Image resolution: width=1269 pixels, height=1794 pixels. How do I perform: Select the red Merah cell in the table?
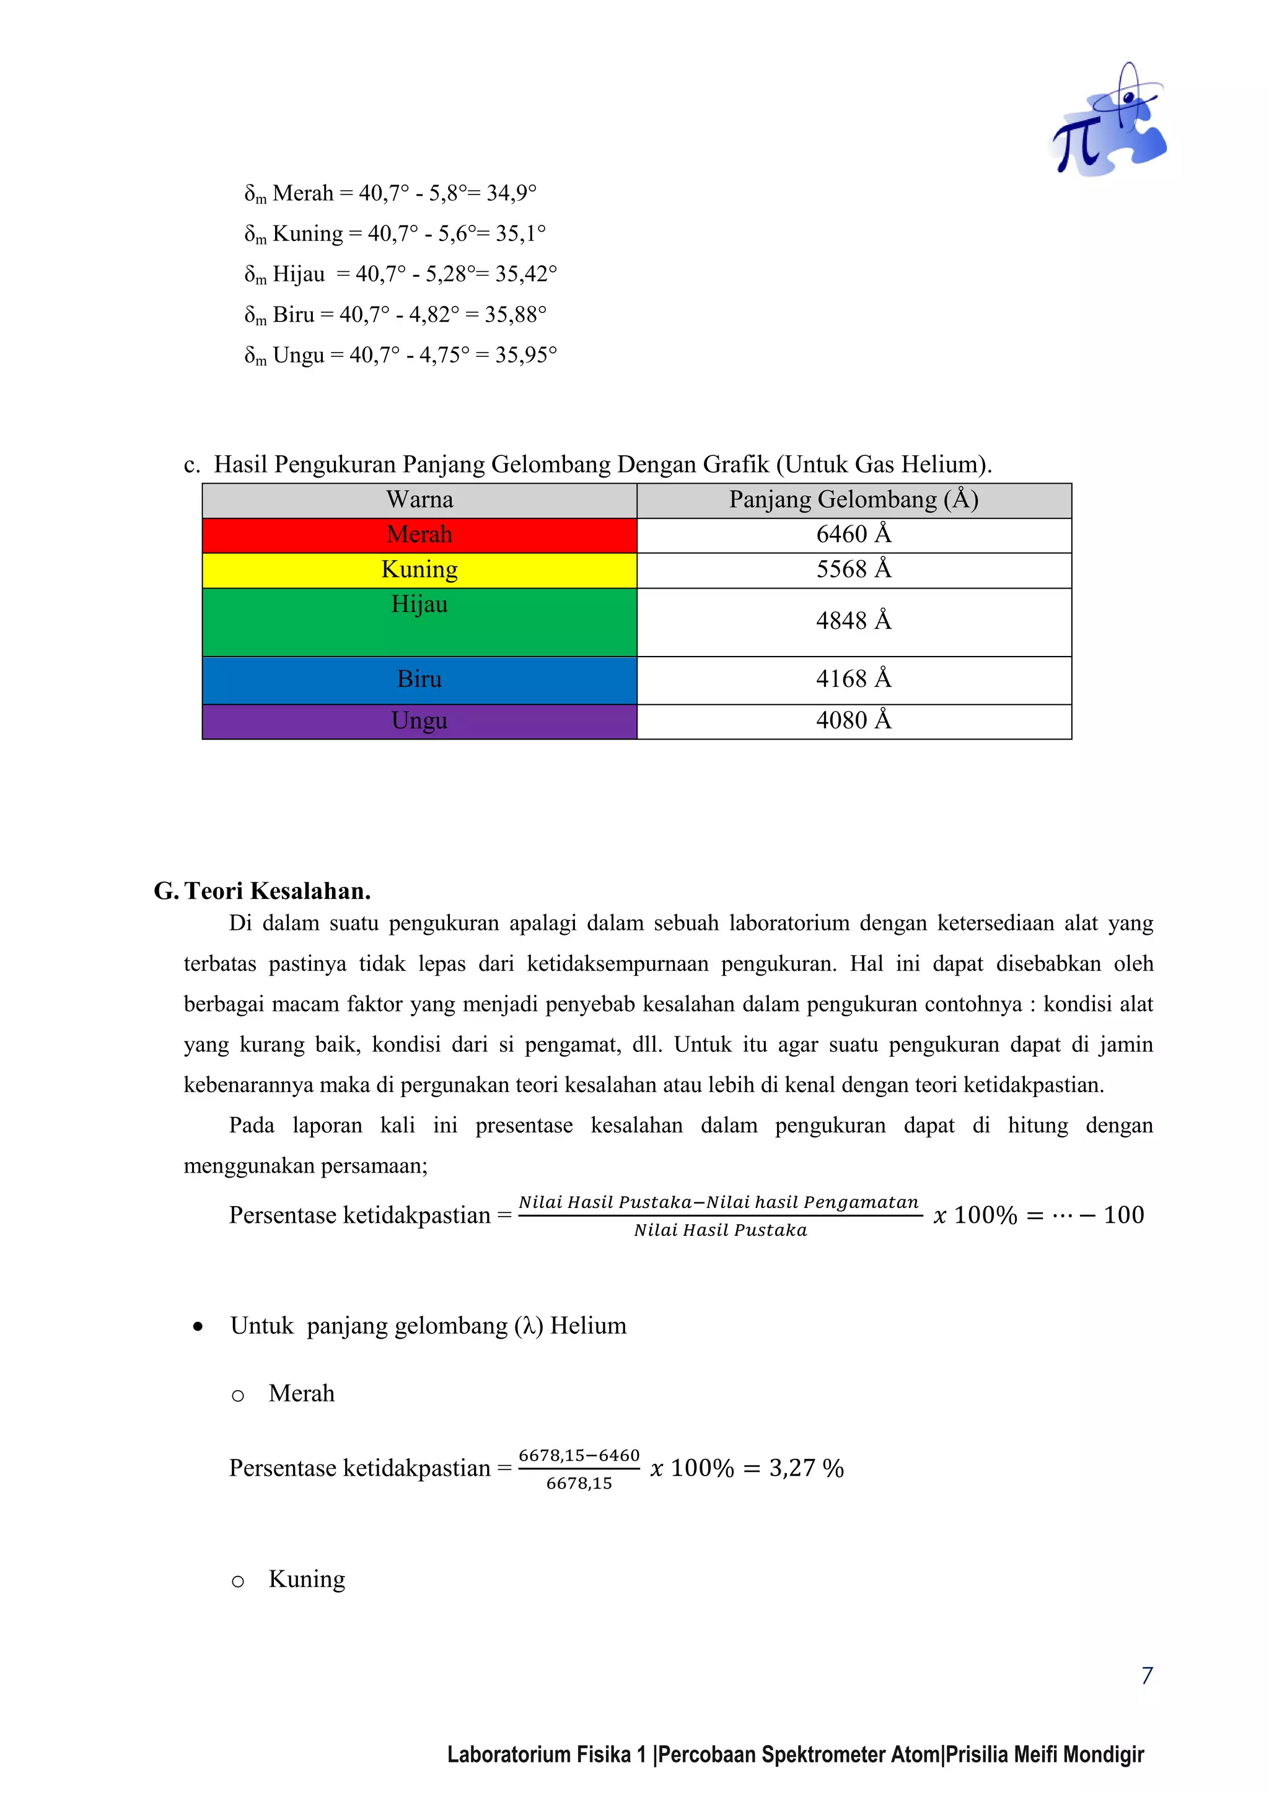click(419, 535)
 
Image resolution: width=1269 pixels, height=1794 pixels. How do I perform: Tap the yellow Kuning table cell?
click(419, 570)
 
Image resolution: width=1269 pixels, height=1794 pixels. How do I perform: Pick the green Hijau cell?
click(419, 622)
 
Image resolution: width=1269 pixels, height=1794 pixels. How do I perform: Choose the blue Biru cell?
click(419, 680)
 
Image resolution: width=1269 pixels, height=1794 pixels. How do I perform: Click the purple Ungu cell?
click(419, 721)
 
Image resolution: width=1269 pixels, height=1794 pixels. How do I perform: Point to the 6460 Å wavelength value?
click(853, 535)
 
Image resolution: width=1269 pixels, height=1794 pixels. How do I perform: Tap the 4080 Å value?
click(853, 720)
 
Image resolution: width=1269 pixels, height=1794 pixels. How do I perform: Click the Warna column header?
click(419, 500)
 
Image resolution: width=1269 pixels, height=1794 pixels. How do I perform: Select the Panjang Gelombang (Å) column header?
click(853, 500)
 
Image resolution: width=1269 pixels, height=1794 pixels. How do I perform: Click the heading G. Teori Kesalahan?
click(263, 891)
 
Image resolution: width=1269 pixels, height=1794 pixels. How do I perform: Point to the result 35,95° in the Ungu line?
click(526, 356)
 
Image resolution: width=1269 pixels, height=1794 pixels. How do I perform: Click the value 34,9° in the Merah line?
click(511, 193)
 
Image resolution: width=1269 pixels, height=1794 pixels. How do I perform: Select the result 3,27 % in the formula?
click(806, 1468)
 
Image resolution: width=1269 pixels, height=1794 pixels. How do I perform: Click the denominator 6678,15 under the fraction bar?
click(579, 1484)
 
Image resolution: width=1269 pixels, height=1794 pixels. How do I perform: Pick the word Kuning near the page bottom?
click(306, 1579)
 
